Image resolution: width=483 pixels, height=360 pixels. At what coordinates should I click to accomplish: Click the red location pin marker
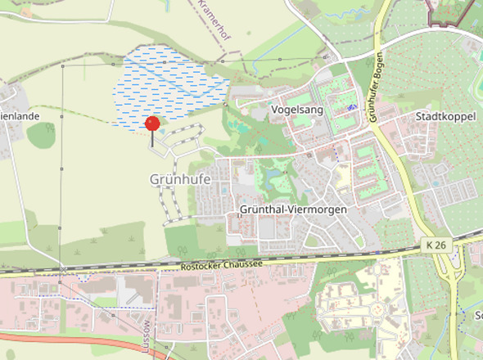tap(151, 124)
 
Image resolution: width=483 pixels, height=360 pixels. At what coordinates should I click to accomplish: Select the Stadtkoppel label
tap(445, 117)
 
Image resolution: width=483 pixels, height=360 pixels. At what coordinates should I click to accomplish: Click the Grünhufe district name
tap(180, 178)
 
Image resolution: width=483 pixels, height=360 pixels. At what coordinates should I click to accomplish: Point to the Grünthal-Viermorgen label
tap(293, 210)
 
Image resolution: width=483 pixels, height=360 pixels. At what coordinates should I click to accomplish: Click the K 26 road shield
tap(436, 245)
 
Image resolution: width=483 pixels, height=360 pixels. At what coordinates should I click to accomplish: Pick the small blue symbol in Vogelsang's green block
tap(351, 107)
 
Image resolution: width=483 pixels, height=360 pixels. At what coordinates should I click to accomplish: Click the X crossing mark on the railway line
tap(63, 268)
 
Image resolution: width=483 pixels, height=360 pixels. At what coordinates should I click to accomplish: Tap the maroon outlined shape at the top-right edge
tap(450, 11)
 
